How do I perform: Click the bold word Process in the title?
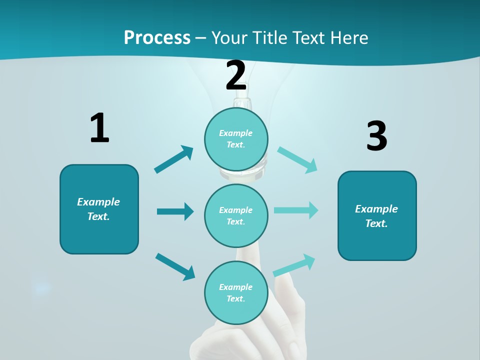[157, 37]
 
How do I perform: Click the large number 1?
[99, 128]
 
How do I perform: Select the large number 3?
[376, 136]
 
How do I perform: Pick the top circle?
[236, 139]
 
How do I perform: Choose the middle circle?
[236, 215]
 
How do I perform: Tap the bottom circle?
[236, 292]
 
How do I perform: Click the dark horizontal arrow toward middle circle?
[175, 211]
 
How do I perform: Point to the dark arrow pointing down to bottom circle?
[175, 266]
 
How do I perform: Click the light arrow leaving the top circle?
[297, 160]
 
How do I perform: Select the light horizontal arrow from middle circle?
[296, 210]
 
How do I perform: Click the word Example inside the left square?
[98, 202]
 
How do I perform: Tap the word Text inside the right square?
[376, 223]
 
